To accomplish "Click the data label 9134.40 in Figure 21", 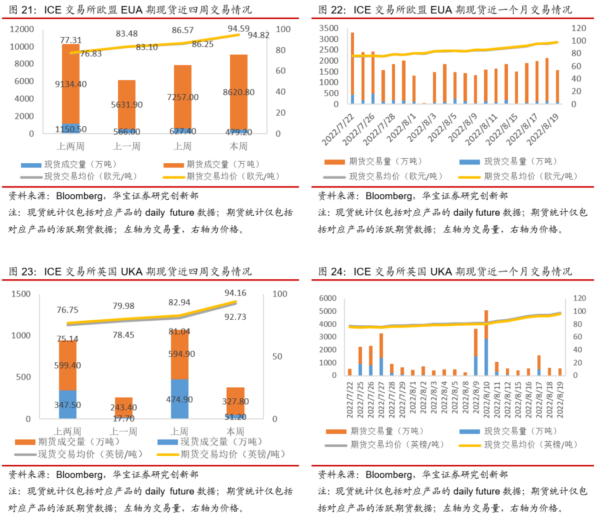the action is (x=71, y=84).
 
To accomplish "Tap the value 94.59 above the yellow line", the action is (x=238, y=29).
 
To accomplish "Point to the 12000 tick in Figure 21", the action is (x=22, y=29).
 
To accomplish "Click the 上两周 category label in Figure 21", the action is (x=71, y=146).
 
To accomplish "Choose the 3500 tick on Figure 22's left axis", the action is (x=328, y=28).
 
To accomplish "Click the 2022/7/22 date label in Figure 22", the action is (x=338, y=129).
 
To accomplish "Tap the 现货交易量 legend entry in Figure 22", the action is (x=508, y=162).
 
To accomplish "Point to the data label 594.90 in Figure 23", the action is (x=182, y=354).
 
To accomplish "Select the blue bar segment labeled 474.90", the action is (x=180, y=399).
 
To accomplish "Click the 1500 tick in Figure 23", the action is (x=21, y=294).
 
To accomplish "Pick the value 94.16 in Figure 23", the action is (x=235, y=293).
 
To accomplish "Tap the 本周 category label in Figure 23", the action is (x=235, y=431).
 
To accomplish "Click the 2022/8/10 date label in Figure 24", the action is (x=486, y=400).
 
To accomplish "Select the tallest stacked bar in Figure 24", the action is (x=486, y=343).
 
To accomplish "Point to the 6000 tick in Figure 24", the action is (x=328, y=298).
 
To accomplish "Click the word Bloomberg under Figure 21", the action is (x=79, y=196).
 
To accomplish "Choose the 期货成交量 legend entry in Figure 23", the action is (x=68, y=442).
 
